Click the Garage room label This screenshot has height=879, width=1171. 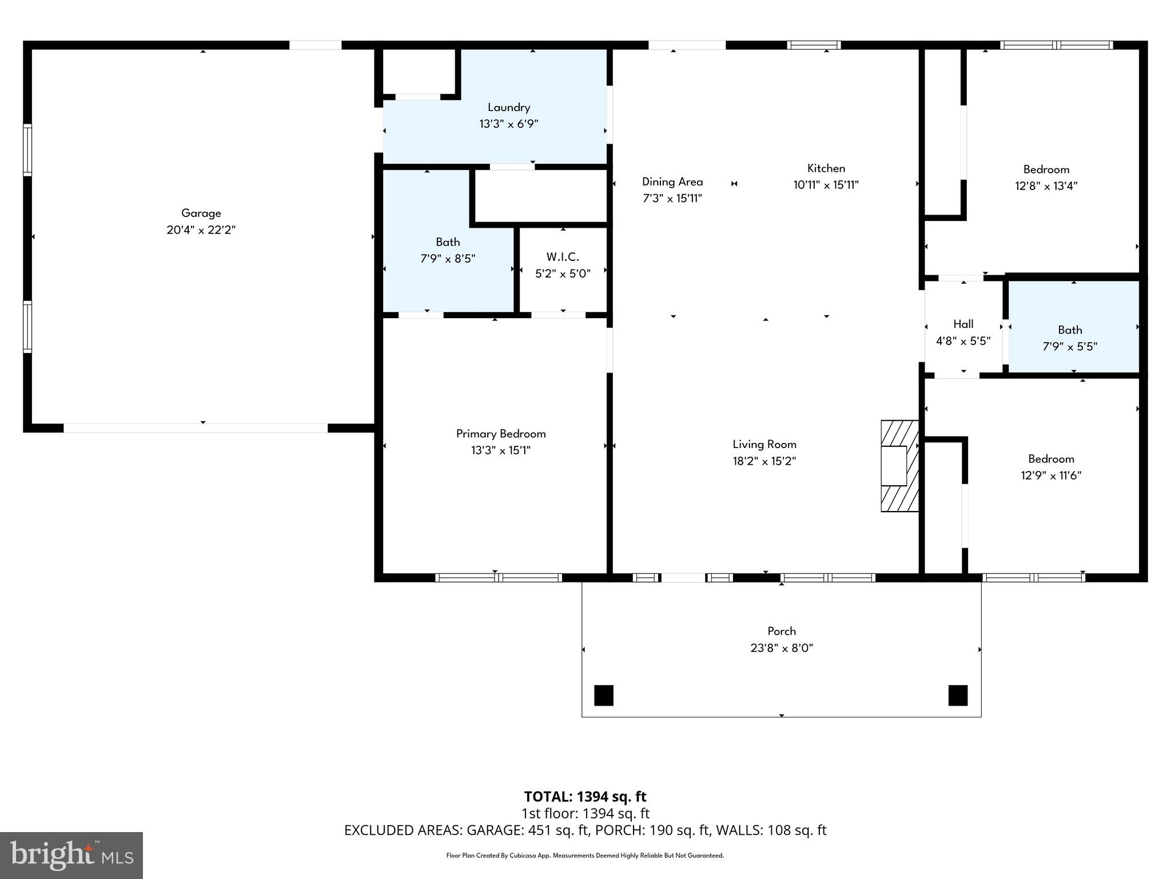tap(201, 213)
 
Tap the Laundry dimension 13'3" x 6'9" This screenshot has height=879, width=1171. tap(508, 124)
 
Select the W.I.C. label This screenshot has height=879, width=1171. tap(563, 257)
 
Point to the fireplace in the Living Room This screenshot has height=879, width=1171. tap(898, 466)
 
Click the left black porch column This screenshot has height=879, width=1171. tap(604, 695)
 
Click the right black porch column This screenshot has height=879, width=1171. tap(958, 695)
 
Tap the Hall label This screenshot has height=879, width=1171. tap(963, 324)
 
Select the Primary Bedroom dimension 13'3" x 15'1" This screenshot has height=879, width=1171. tap(500, 450)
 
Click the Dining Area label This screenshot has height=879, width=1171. tap(672, 182)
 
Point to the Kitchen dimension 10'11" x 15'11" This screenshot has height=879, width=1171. tap(826, 185)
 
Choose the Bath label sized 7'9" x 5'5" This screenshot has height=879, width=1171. tap(1069, 330)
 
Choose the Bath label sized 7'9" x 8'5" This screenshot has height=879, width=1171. tap(447, 242)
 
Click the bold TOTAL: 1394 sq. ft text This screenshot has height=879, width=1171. tap(585, 797)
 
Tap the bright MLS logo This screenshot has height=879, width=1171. tap(71, 855)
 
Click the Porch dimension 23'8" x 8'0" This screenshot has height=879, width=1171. tap(781, 648)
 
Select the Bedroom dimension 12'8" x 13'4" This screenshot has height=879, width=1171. tap(1046, 185)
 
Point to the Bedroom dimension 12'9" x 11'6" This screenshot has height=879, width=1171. tap(1050, 475)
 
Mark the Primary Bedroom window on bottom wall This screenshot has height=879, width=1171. tap(498, 578)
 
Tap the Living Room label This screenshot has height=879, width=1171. tap(764, 444)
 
